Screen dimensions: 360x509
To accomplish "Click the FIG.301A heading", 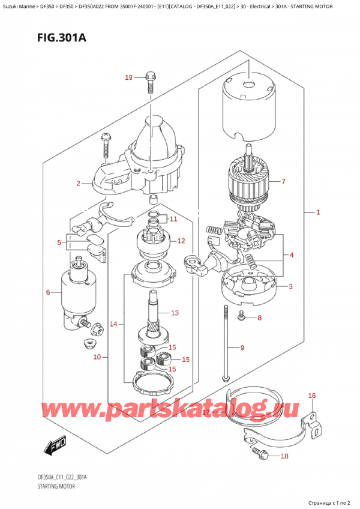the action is [x=62, y=38].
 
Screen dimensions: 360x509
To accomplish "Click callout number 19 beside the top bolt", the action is [x=128, y=77].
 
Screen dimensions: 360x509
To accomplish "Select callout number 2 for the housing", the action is [x=78, y=184].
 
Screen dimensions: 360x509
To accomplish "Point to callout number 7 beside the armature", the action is [x=283, y=181].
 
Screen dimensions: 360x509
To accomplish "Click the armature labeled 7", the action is [x=250, y=182].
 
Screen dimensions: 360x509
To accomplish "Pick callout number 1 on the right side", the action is [x=318, y=212].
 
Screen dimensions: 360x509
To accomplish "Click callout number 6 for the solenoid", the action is [x=48, y=292].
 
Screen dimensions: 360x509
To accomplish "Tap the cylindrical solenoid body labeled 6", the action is [x=79, y=293].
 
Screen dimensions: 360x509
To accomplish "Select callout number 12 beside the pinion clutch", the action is [x=181, y=241].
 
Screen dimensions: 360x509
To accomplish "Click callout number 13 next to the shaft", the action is [x=175, y=313].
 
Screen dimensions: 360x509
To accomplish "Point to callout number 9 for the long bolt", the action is [x=242, y=348].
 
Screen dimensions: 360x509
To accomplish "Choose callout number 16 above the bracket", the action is [x=311, y=396].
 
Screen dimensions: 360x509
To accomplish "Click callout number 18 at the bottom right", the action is [x=284, y=456].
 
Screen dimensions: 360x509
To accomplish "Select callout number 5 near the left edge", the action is [x=59, y=242].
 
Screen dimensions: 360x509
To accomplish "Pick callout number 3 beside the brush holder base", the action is [x=290, y=286].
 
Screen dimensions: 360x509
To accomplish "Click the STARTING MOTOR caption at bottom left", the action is [x=56, y=486].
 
